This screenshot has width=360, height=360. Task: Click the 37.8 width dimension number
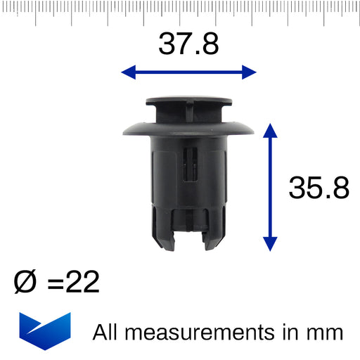pos(188,44)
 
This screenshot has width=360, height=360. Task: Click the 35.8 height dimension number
pos(319,188)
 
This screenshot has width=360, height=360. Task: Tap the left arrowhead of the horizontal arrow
pos(129,72)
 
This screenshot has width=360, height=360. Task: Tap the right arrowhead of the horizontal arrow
pos(249,72)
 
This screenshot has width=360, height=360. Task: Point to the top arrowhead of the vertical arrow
pos(270,131)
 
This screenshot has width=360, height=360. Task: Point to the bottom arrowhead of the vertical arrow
pos(270,244)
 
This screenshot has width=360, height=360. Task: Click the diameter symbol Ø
pos(25,281)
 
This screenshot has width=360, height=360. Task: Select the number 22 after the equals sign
pos(82,281)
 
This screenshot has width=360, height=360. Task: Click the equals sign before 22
pos(56,283)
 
